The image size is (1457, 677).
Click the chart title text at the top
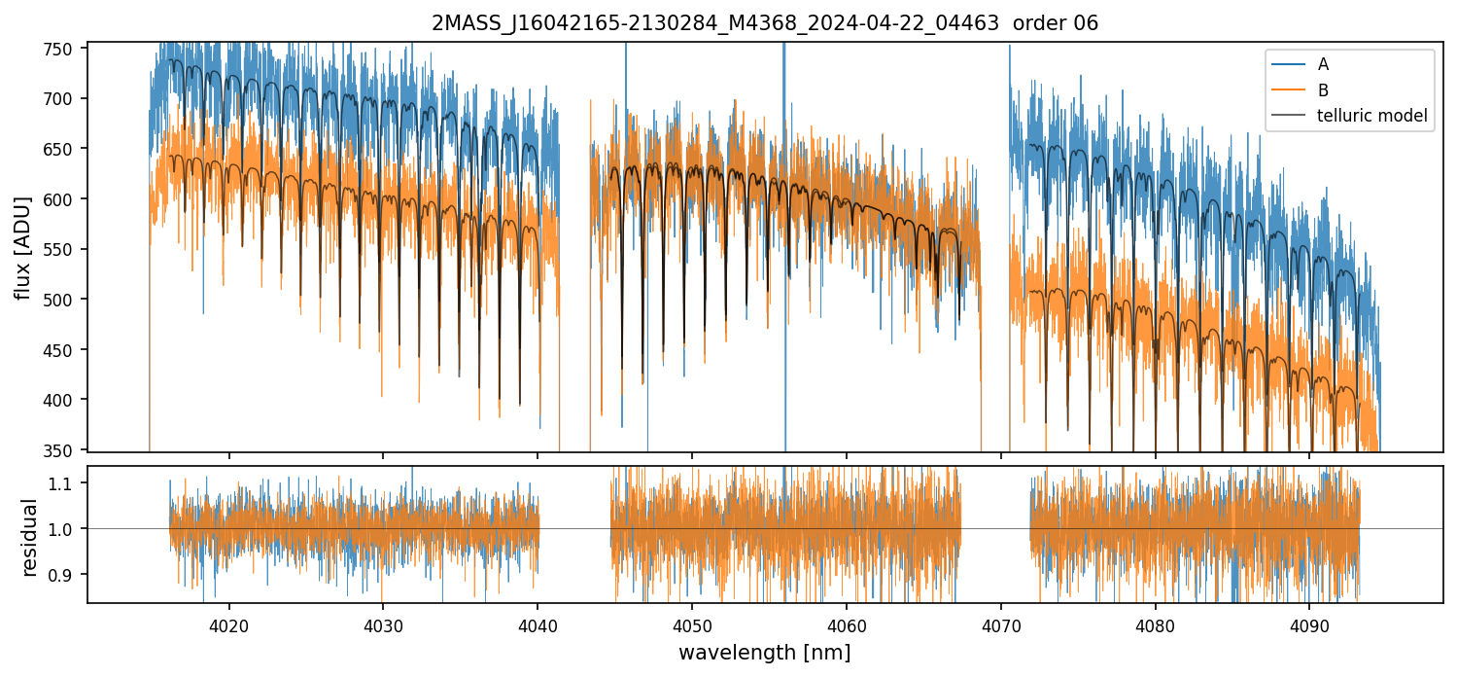765,23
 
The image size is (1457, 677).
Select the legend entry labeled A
1323,64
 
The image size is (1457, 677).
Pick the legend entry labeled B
1323,90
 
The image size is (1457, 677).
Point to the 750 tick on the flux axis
68,49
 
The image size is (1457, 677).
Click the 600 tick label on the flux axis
68,199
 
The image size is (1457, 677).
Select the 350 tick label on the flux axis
68,450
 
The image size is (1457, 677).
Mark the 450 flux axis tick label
68,350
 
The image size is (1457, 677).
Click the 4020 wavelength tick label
229,623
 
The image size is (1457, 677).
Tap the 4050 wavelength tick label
691,623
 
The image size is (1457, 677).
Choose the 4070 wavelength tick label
1000,623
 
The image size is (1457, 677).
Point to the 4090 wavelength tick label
1308,623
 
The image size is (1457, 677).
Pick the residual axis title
30,537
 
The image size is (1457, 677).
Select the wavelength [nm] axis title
764,652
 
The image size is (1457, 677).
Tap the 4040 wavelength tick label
538,623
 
